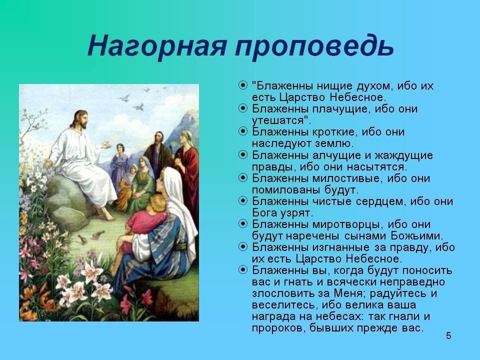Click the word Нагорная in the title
(x=157, y=46)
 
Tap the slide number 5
(x=448, y=336)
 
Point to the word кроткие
(x=334, y=132)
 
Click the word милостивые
(x=347, y=178)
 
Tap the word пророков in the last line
(x=278, y=328)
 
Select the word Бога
(x=265, y=212)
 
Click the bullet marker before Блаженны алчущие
(x=243, y=154)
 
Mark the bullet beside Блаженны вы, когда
(x=243, y=269)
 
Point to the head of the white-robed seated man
(x=80, y=120)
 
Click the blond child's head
(x=157, y=203)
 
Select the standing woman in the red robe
(x=186, y=171)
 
